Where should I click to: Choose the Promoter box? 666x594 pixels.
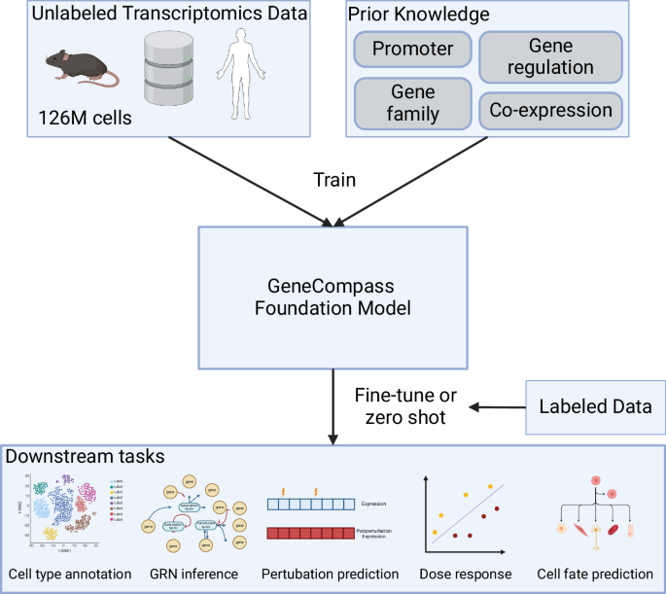point(413,49)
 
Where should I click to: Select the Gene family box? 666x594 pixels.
point(413,102)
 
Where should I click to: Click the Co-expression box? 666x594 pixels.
point(550,110)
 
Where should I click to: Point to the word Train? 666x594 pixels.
point(333,179)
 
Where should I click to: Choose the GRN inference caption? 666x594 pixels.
point(193,575)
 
